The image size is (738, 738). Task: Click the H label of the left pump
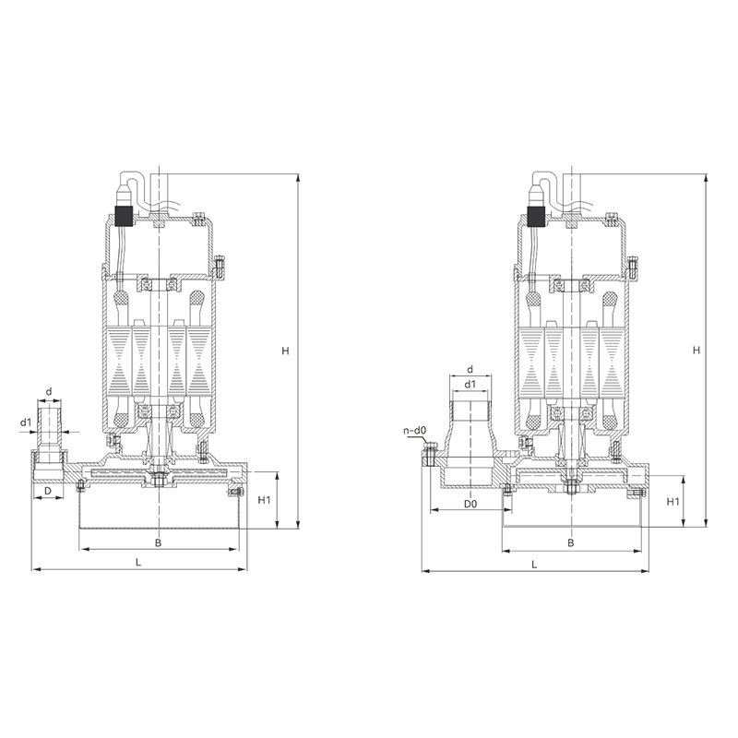(285, 351)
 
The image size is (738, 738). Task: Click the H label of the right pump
(696, 351)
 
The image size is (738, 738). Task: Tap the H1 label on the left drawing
(264, 500)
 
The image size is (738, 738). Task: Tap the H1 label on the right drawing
(673, 502)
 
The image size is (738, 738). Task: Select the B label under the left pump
(159, 542)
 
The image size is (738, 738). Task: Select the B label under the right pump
(571, 542)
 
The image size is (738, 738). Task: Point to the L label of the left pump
(138, 562)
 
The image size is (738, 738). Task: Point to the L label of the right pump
(534, 565)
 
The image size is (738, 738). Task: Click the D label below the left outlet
(48, 491)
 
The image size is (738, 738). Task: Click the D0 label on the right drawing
(470, 504)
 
